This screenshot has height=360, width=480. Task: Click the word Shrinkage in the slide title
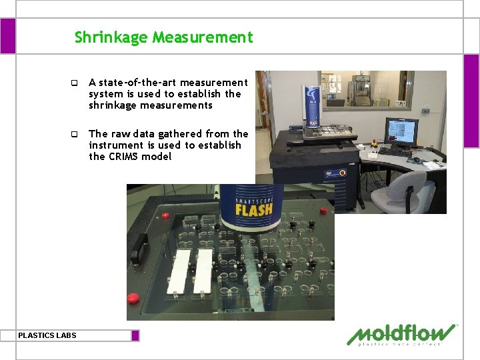[x=111, y=37]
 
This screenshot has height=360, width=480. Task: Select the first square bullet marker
[x=75, y=83]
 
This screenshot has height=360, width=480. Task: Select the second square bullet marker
[x=75, y=134]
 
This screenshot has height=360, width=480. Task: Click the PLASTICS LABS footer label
[x=47, y=335]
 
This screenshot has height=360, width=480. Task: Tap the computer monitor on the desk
[x=402, y=131]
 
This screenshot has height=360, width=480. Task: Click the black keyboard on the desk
[x=395, y=152]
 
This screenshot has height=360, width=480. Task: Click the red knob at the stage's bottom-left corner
[x=133, y=297]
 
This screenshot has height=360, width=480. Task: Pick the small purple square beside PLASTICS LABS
[x=135, y=335]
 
